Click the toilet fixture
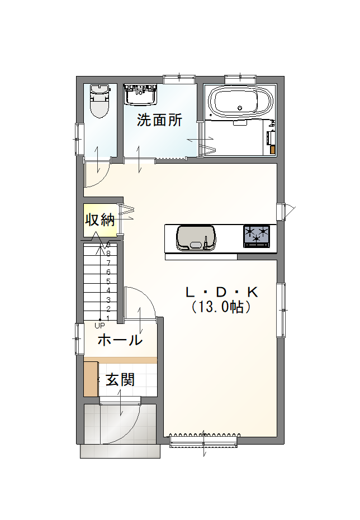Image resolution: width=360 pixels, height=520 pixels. (100, 101)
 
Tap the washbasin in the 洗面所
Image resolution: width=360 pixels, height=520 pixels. (140, 94)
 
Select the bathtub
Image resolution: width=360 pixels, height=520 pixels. (240, 102)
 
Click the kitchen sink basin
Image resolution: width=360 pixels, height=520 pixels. (196, 237)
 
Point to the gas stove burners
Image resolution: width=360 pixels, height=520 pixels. (257, 236)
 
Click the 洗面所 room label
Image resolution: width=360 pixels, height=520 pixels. (159, 120)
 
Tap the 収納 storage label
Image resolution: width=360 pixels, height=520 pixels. (100, 220)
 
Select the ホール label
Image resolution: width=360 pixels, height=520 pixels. (120, 340)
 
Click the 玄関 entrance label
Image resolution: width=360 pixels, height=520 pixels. (120, 379)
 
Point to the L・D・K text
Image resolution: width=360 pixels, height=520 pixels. (221, 293)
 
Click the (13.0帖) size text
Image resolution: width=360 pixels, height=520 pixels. (221, 307)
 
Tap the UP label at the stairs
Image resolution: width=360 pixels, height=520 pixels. (100, 326)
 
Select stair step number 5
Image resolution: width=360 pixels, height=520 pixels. (108, 282)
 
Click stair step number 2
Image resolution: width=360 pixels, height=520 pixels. (108, 309)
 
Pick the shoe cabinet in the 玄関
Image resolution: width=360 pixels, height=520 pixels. (91, 379)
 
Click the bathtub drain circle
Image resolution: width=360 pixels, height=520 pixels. (240, 108)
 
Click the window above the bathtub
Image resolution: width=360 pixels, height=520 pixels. (240, 79)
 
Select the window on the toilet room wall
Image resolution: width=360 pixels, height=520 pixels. (78, 139)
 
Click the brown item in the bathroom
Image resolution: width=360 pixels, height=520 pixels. (273, 150)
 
